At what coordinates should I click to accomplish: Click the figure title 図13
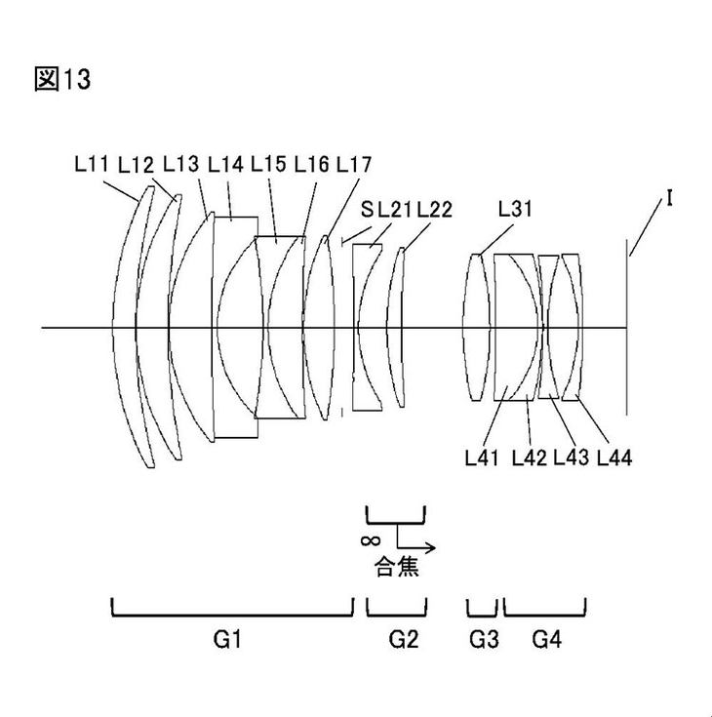62,79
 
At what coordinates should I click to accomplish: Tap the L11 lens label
92,164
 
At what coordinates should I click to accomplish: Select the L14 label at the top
225,164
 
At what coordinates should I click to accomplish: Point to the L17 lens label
353,164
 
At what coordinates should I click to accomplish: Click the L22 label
434,209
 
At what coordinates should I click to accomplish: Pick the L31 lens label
515,209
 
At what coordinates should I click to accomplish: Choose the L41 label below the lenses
482,457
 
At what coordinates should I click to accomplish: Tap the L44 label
614,457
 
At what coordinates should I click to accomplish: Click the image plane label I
669,198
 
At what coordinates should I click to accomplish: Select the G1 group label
227,638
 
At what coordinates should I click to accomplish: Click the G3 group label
484,638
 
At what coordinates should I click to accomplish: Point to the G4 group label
546,638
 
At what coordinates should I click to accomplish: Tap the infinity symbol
371,540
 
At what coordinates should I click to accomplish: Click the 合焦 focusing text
396,567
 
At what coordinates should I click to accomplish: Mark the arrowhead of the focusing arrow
432,547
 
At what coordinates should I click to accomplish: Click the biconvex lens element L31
476,328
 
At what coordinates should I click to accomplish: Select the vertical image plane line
626,328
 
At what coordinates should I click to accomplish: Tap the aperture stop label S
367,209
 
